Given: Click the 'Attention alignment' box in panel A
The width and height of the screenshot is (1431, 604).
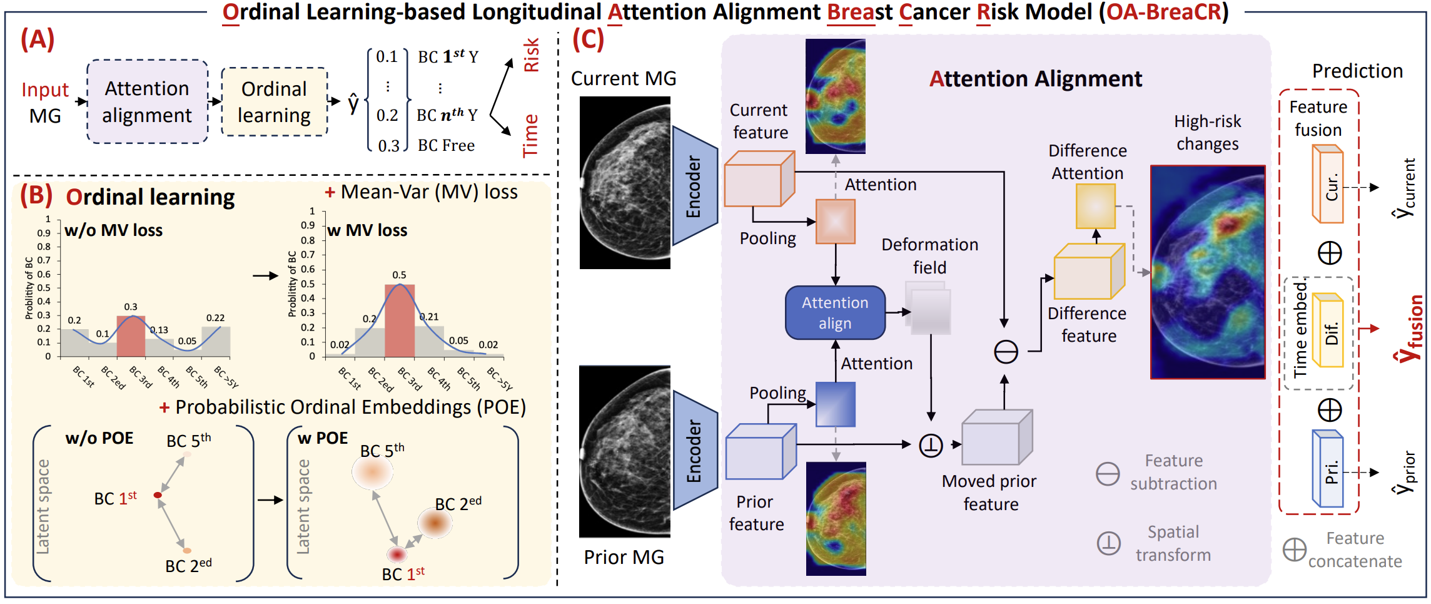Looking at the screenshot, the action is point(147,101).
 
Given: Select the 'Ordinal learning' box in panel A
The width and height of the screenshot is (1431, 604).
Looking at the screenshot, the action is point(274,101).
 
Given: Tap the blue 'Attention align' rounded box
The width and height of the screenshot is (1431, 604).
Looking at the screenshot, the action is point(835,312).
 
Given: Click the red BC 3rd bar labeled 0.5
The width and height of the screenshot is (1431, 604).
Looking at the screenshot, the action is point(399,320).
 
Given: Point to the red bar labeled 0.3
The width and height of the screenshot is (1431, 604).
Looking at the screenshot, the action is point(131,336).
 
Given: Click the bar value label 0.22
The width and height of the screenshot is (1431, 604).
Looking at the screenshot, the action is point(215,318).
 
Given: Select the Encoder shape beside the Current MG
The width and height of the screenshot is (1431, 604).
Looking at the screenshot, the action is point(695,185).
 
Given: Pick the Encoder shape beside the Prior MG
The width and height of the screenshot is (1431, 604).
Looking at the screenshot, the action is point(695,450).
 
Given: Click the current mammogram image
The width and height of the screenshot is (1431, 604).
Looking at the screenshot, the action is point(625,182).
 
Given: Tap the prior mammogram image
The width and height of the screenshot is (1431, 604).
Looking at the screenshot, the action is point(625,451).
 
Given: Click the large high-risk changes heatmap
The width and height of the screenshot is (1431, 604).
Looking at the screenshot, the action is point(1208,272).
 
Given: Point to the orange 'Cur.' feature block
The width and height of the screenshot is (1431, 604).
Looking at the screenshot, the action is point(1327,184).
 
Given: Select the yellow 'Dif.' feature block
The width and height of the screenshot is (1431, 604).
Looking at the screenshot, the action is point(1327,330).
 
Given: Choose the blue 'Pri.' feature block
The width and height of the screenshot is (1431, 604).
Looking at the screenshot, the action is point(1327,468).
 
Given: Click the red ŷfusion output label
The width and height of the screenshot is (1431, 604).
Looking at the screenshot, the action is point(1408,329).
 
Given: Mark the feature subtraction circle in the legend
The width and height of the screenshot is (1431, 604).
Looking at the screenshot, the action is point(1108,473).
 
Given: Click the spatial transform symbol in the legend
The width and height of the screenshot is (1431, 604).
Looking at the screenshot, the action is point(1109,543).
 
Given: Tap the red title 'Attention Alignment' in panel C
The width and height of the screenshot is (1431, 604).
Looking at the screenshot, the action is point(1036,79).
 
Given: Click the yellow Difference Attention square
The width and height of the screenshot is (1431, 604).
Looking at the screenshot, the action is point(1096,206).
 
